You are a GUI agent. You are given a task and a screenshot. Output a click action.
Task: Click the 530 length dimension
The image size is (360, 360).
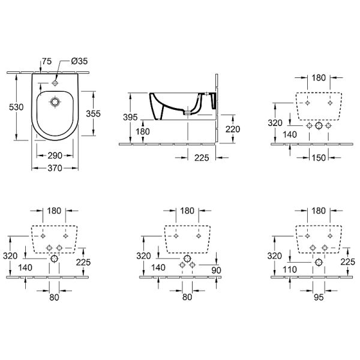tap(16, 107)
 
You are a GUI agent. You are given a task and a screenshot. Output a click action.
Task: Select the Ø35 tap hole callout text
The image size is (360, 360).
tap(79, 61)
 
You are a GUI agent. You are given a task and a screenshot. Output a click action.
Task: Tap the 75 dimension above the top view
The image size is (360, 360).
tap(47, 61)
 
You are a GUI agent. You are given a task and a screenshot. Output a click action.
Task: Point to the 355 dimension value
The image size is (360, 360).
tap(93, 113)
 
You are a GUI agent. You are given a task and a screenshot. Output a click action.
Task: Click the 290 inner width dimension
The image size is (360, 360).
tap(55, 155)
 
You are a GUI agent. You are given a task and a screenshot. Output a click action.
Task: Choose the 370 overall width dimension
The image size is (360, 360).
tap(55, 168)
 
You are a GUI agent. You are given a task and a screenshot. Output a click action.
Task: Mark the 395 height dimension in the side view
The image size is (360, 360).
tap(130, 118)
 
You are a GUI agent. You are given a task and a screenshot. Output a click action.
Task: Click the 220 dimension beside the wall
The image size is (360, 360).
tap(233, 129)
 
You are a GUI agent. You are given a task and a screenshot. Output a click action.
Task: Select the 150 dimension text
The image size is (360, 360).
tap(319, 158)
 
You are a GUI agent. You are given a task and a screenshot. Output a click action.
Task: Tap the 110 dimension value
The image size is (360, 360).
tap(290, 269)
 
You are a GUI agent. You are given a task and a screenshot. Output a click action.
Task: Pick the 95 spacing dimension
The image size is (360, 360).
tap(319, 298)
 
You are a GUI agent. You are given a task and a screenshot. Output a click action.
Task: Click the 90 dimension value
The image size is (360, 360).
tap(216, 271)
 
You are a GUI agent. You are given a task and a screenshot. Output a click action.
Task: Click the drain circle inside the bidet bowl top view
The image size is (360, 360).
tap(55, 102)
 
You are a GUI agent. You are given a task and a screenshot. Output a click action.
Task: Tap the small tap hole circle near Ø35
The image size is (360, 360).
tap(55, 83)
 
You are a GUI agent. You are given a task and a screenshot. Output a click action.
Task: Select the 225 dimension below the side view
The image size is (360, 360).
tap(202, 158)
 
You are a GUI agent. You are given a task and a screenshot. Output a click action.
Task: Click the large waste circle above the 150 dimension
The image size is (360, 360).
tap(319, 125)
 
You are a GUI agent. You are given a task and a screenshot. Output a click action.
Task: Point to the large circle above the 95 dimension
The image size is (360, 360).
tap(319, 262)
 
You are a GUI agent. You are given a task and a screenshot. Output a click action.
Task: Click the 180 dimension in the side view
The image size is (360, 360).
tap(143, 131)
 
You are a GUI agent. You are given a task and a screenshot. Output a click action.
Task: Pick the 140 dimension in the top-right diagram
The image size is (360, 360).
tap(290, 134)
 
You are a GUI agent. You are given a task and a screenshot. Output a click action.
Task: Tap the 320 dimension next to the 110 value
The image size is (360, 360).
tap(275, 256)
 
